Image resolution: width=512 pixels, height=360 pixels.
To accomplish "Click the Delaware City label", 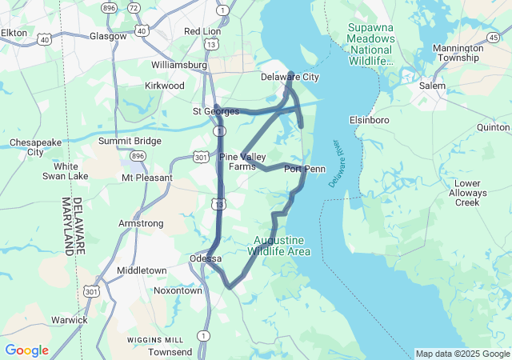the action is (290, 77).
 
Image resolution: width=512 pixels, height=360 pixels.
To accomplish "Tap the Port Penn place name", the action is (305, 169).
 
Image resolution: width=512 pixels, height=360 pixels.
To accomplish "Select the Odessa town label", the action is (205, 258).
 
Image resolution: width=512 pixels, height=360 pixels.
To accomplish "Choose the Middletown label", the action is (142, 271).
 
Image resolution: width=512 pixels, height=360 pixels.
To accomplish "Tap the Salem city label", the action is (432, 85).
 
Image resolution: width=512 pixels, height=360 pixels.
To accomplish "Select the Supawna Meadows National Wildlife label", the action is (371, 43).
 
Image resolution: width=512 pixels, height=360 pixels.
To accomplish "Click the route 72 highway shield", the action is (134, 7).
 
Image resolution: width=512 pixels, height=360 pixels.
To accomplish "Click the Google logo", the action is (26, 350).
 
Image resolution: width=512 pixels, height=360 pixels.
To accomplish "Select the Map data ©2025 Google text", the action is (462, 354).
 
